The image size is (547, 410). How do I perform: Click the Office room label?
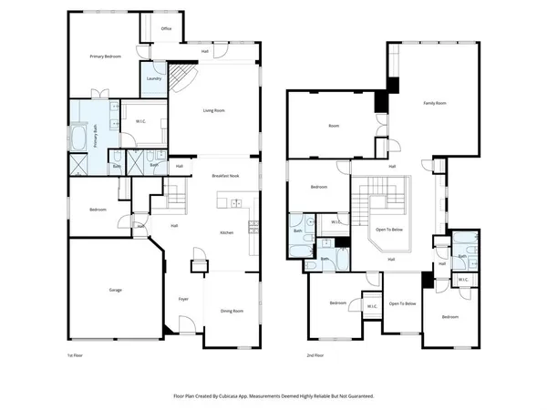click(166, 28)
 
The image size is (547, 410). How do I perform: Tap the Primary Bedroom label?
click(107, 56)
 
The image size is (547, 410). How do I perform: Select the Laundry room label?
click(154, 78)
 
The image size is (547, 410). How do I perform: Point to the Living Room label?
click(214, 110)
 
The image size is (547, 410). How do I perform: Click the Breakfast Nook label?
click(225, 175)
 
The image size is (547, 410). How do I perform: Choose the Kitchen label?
click(229, 233)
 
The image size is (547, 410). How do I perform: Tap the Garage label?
click(116, 290)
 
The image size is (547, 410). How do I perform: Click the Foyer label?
click(183, 299)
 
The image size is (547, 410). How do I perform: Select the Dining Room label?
click(232, 312)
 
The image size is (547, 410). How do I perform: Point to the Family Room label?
click(435, 104)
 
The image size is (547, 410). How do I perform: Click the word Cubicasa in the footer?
click(251, 396)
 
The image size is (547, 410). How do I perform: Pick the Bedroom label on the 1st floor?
click(98, 210)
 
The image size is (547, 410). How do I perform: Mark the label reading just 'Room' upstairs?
click(334, 126)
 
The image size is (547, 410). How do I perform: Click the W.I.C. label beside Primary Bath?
click(142, 121)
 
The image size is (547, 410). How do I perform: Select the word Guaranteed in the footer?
click(356, 396)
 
